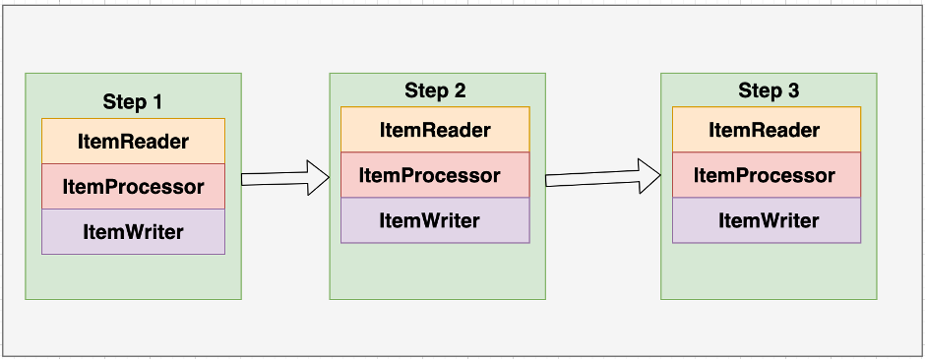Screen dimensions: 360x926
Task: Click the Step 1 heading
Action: click(133, 101)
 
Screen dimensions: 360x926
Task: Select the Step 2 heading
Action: click(435, 91)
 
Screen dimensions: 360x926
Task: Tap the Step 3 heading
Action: click(769, 91)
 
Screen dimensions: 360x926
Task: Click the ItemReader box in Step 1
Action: click(133, 142)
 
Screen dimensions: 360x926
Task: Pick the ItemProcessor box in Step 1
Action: click(133, 187)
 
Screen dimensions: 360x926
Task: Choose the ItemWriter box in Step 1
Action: click(133, 232)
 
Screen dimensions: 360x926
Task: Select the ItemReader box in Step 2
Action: click(435, 130)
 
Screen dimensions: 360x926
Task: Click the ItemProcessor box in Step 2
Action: click(435, 175)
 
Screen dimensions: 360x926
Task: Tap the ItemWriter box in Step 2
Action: click(435, 220)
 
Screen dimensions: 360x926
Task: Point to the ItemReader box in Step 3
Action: click(765, 130)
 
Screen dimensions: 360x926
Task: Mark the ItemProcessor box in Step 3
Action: click(765, 175)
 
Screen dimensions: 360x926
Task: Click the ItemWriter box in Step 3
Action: click(765, 220)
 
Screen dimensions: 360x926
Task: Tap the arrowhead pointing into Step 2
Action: click(318, 178)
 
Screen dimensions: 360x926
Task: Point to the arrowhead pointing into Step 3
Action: click(649, 177)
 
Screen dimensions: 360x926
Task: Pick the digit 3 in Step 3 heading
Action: click(793, 91)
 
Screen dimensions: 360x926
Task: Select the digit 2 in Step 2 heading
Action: click(460, 91)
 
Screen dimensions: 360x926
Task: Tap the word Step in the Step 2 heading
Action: click(425, 91)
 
